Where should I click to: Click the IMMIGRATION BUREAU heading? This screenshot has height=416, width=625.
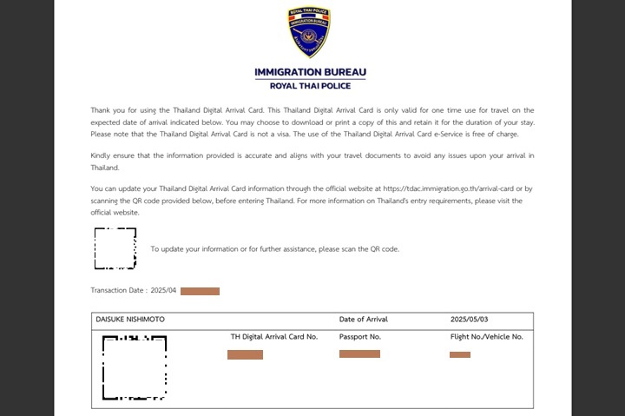pyautogui.click(x=310, y=71)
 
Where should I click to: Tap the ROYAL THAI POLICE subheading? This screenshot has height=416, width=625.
pyautogui.click(x=310, y=85)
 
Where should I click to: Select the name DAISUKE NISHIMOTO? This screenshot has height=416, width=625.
pyautogui.click(x=130, y=320)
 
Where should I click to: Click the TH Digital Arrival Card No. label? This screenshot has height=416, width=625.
pyautogui.click(x=273, y=336)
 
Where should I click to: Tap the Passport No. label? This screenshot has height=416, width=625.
pyautogui.click(x=360, y=336)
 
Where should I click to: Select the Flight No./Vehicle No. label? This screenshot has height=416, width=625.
pyautogui.click(x=486, y=336)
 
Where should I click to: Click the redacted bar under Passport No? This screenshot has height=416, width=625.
pyautogui.click(x=359, y=353)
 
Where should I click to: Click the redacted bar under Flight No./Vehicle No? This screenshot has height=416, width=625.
pyautogui.click(x=460, y=354)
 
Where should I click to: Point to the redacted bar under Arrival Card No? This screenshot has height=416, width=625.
pyautogui.click(x=245, y=354)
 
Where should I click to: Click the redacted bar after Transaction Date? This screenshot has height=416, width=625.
pyautogui.click(x=200, y=291)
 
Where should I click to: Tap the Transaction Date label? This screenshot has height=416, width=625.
pyautogui.click(x=118, y=291)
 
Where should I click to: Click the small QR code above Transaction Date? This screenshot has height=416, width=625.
pyautogui.click(x=115, y=248)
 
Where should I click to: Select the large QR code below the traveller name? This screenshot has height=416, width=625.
pyautogui.click(x=135, y=367)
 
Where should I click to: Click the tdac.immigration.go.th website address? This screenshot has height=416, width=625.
pyautogui.click(x=444, y=188)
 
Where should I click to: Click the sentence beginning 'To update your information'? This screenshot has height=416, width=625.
pyautogui.click(x=274, y=249)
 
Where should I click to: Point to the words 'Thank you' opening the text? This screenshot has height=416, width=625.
pyautogui.click(x=103, y=110)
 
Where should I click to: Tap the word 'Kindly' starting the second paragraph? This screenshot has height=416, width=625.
pyautogui.click(x=101, y=155)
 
